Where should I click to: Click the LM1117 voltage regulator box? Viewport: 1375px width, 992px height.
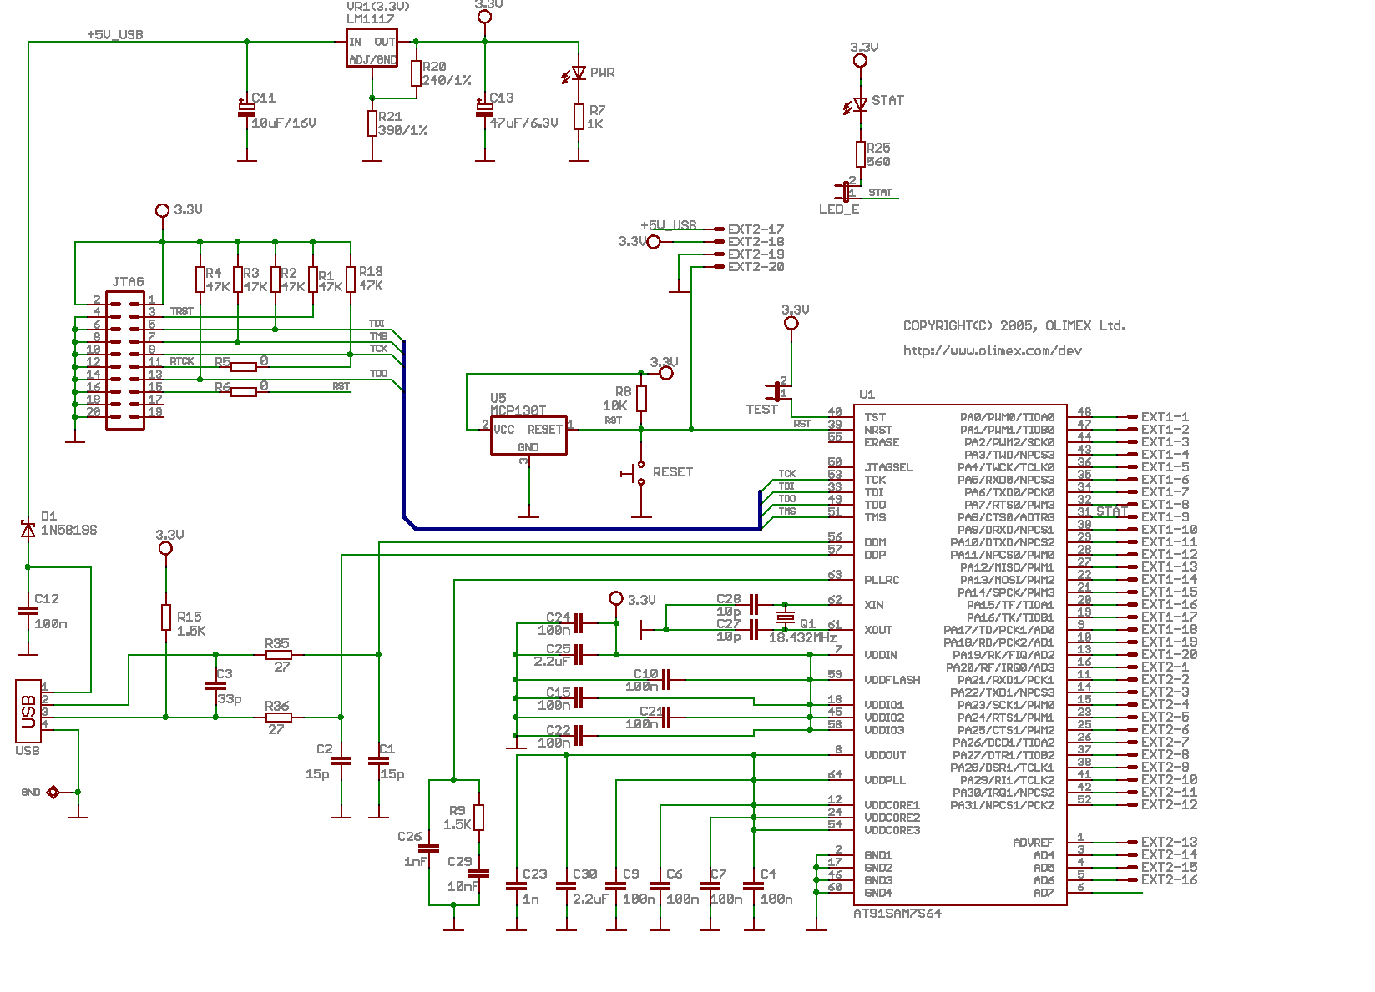pos(372,48)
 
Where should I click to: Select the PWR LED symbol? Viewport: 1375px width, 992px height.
pos(579,73)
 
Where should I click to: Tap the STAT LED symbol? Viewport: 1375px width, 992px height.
pos(860,105)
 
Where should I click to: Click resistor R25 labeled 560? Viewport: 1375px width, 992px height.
pos(861,154)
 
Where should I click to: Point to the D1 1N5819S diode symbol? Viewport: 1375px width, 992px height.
pos(28,530)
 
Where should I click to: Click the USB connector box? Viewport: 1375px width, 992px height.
pos(28,711)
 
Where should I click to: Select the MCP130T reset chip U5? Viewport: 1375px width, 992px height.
pos(528,436)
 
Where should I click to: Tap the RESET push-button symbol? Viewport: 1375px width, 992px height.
pos(639,473)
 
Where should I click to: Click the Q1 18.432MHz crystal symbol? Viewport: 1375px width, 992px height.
pos(785,617)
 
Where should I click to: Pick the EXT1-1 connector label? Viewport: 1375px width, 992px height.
pos(1165,417)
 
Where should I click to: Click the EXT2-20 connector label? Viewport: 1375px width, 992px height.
pos(756,267)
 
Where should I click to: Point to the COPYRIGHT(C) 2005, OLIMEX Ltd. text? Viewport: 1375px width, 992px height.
pos(1014,326)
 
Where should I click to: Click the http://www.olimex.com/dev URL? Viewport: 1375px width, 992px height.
pos(992,351)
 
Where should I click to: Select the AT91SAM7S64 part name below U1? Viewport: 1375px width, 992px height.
pos(897,914)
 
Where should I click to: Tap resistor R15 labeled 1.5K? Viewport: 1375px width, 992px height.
pos(166,617)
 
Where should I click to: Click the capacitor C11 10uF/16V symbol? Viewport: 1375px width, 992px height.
pos(246,108)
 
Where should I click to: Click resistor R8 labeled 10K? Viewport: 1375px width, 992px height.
pos(641,399)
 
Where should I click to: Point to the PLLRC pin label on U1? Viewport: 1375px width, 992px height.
pos(882,580)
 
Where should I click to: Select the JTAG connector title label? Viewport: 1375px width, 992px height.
pos(128,282)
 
